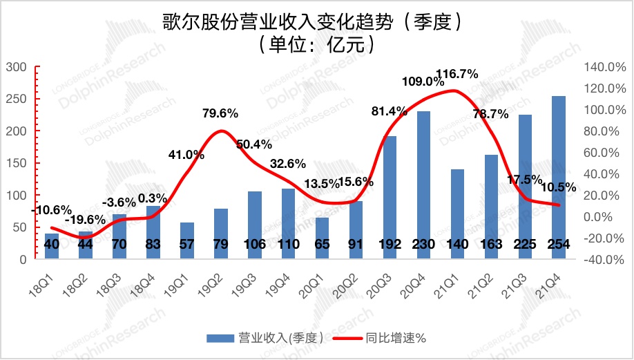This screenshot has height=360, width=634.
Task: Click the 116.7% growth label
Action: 457,74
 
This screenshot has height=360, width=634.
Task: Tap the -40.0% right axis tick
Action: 604,260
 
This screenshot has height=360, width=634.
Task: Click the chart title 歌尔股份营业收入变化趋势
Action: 316,22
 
